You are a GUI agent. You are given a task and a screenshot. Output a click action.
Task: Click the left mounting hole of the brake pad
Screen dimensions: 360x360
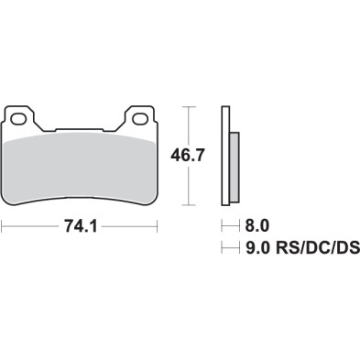[x=18, y=118]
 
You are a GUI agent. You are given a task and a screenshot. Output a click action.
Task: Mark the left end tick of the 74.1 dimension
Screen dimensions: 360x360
[x=3, y=224]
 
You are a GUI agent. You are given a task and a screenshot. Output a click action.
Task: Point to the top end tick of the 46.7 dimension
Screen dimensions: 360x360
[x=190, y=107]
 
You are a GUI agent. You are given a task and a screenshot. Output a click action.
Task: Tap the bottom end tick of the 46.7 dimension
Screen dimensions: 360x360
[x=190, y=203]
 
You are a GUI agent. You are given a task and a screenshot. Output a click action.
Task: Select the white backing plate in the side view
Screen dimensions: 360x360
[x=224, y=156]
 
